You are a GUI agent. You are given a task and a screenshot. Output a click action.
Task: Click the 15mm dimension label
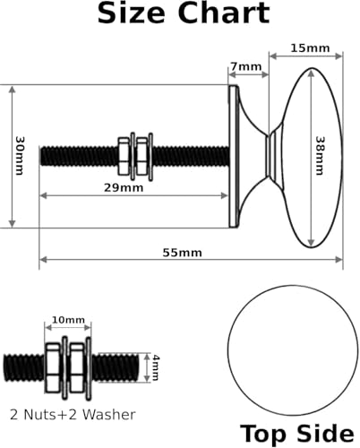[x=310, y=48]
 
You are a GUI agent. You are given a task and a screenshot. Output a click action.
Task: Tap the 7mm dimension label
[x=246, y=66]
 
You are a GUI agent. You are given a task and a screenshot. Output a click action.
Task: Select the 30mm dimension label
[x=20, y=156]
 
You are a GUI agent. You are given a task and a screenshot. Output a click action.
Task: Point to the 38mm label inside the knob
[x=320, y=156]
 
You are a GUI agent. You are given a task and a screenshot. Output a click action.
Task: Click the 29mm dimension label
[x=124, y=188]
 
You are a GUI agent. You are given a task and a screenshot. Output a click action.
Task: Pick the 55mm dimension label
[x=182, y=253]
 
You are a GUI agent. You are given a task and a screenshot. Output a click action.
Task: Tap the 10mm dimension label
[x=68, y=320]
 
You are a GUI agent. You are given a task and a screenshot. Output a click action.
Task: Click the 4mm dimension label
[x=155, y=367]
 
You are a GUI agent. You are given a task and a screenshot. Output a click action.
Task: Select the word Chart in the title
[x=224, y=13]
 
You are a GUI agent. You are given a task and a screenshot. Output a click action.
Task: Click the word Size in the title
[x=131, y=13]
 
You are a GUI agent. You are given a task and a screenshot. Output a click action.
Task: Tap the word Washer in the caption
[x=108, y=415]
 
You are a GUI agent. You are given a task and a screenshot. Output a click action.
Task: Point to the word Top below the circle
[x=263, y=434]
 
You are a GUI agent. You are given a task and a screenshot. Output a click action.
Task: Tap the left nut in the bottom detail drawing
[x=53, y=367]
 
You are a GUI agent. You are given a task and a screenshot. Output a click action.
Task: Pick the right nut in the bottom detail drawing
[x=77, y=367]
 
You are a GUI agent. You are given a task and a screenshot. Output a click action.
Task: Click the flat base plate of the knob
[x=234, y=157]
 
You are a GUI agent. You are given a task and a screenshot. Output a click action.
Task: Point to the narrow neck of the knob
[x=270, y=156]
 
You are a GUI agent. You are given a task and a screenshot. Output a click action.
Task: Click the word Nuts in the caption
[x=39, y=415]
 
